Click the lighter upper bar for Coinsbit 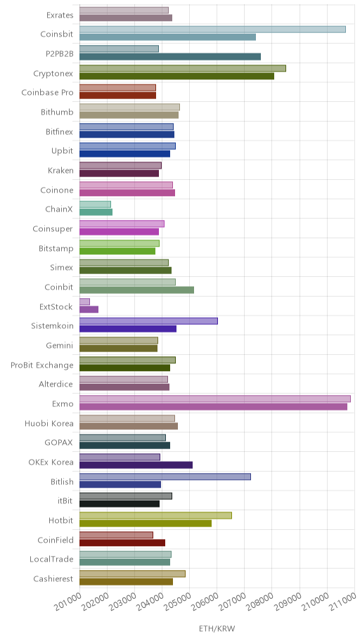(212, 30)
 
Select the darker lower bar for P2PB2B (169, 56)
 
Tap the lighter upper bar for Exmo (214, 399)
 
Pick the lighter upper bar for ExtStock (84, 302)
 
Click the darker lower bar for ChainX (96, 212)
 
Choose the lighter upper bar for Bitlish (165, 477)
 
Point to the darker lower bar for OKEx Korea (136, 465)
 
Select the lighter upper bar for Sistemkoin (148, 321)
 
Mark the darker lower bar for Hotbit (146, 523)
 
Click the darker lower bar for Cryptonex (176, 76)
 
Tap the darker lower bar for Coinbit (136, 290)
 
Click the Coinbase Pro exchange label (47, 93)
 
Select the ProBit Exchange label (42, 365)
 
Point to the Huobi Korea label (49, 424)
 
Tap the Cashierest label (53, 579)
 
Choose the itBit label (65, 501)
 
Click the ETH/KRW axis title (217, 629)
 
